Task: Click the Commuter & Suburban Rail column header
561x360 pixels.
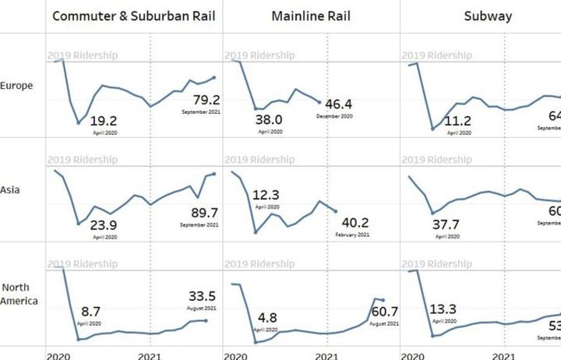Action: coord(133,16)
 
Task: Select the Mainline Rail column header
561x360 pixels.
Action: coord(311,16)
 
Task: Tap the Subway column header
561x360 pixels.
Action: coord(488,16)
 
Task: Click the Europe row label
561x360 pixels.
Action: coord(16,86)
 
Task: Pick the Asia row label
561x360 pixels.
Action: coord(10,189)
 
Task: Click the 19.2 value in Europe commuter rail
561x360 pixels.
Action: coord(104,121)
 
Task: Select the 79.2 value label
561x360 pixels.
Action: coord(206,100)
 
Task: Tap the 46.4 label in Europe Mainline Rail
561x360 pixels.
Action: coord(339,104)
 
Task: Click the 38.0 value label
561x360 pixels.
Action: coord(269,120)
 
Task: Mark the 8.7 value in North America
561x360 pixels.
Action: coord(90,310)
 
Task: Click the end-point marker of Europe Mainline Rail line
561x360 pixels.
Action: coord(319,101)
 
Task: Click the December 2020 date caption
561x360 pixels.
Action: coord(334,116)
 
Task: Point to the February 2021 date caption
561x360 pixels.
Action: coord(352,234)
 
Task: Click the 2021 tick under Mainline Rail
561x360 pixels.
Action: coord(327,354)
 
